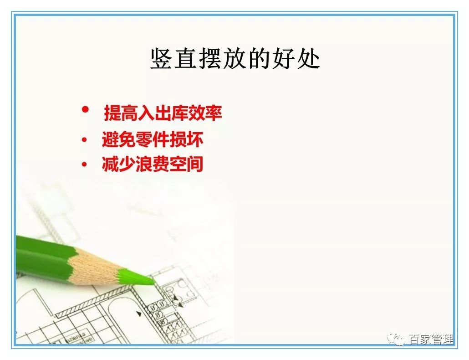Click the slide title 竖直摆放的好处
234,59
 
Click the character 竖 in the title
161,59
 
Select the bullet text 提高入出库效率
163,113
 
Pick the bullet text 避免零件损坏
153,140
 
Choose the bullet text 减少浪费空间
153,165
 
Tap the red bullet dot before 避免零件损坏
84,140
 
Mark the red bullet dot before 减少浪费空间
84,165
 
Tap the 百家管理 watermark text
430,339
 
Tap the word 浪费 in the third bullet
153,165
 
